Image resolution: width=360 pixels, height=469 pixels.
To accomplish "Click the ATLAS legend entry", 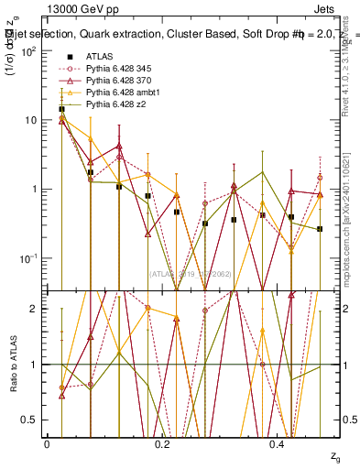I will point(99,56).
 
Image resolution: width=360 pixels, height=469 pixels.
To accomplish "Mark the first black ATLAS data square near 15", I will point(61,109).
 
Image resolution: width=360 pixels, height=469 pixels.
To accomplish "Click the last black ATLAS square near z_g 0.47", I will point(320,229).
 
